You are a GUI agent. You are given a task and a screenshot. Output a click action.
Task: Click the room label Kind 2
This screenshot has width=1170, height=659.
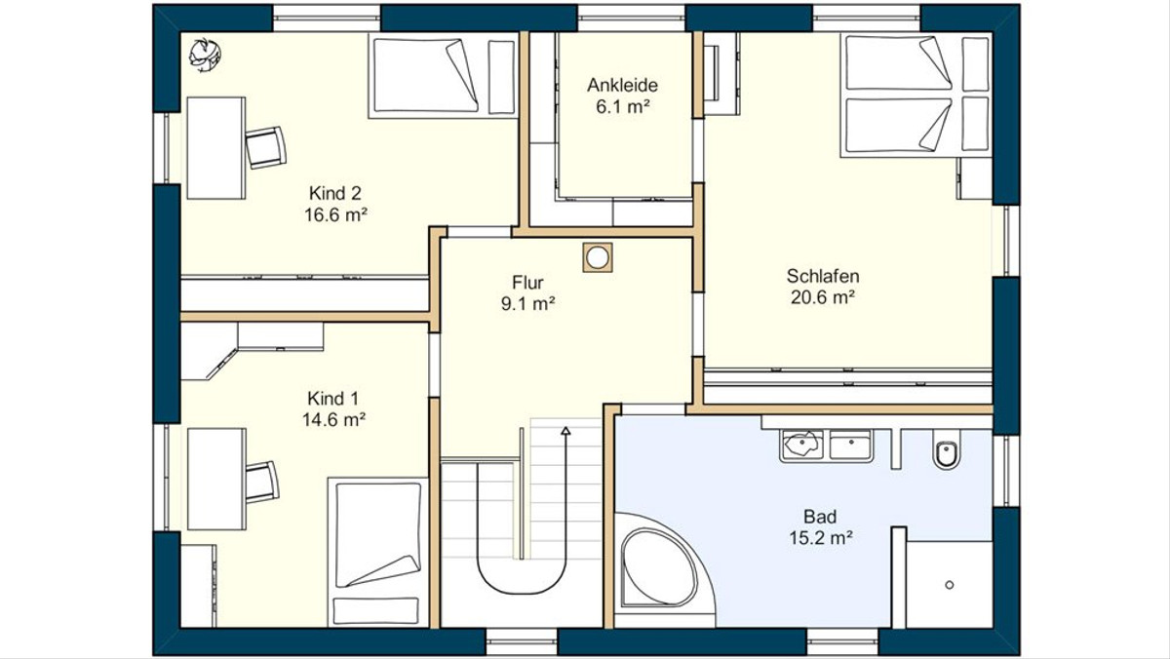click(x=334, y=193)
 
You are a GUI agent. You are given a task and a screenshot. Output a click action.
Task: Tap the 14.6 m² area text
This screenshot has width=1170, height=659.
click(x=333, y=419)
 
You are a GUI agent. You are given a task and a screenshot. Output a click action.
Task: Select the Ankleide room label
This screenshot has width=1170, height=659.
click(x=623, y=85)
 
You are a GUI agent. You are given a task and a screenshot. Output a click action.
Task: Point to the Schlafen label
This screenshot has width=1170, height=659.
click(x=823, y=276)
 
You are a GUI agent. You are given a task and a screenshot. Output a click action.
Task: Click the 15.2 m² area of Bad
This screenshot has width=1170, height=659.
click(x=821, y=537)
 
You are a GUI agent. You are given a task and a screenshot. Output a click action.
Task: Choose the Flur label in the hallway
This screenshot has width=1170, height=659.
click(x=527, y=283)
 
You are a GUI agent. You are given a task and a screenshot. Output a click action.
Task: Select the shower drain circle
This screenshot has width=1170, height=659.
click(x=950, y=585)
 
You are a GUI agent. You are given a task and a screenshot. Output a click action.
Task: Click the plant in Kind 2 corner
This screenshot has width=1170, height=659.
click(x=205, y=55)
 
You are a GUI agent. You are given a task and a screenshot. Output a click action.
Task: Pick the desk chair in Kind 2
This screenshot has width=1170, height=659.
click(x=265, y=147)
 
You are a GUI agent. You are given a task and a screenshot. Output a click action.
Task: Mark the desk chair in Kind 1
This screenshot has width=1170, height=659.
click(x=261, y=482)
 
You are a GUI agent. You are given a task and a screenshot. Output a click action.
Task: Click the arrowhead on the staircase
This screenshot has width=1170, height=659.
click(x=565, y=431)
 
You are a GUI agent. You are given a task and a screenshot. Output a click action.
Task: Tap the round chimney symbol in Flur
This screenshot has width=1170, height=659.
click(x=598, y=257)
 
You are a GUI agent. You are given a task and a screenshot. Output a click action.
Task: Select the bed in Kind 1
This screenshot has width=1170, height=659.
click(x=377, y=552)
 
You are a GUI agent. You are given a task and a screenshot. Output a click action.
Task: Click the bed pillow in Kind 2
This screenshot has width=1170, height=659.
click(x=501, y=77)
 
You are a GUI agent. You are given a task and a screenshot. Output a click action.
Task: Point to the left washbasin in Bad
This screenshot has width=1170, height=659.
click(x=801, y=445)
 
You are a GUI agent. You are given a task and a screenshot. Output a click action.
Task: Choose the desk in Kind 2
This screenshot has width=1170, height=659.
click(x=216, y=148)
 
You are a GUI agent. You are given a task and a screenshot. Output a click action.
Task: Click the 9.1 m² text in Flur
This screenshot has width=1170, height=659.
click(x=527, y=303)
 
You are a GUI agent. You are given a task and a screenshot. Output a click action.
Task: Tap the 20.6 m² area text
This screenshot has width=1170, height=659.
click(x=823, y=297)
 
